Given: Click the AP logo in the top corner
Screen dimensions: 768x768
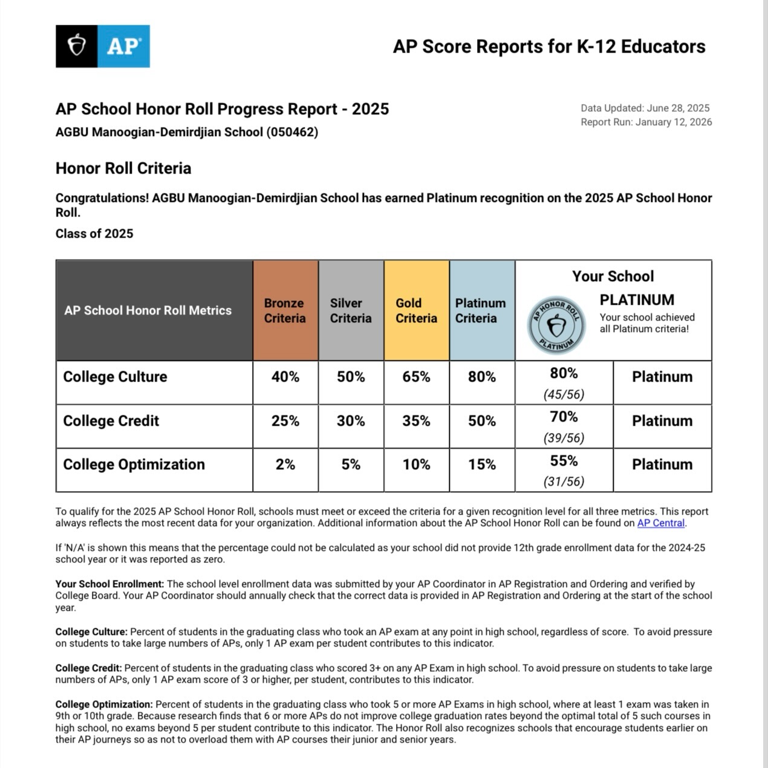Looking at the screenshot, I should [102, 46].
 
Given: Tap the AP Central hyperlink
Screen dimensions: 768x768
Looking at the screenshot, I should [660, 523].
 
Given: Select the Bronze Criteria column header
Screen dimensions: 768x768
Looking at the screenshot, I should [285, 311].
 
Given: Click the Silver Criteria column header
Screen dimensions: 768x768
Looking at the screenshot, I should [351, 311].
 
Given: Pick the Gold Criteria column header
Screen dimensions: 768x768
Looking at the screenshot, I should [416, 311].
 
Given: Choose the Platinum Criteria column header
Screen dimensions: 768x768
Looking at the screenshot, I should [481, 311].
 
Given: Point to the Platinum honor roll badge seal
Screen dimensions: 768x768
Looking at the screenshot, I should [556, 325].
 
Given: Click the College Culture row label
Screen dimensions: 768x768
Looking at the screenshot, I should [115, 377].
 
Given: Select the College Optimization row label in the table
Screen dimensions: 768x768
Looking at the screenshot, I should [134, 464].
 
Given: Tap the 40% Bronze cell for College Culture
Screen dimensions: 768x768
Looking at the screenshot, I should [285, 377].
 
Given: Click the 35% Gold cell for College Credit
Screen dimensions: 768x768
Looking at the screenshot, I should [416, 421].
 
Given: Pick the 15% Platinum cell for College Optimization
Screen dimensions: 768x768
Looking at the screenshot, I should [481, 464].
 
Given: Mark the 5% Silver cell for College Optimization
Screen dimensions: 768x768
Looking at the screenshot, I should [351, 464].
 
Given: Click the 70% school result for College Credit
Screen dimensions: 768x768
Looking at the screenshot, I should [564, 417].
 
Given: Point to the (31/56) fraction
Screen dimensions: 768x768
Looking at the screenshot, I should [564, 481].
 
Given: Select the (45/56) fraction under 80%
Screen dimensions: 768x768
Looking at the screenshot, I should [564, 394].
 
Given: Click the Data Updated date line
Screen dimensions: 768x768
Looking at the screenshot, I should [645, 108].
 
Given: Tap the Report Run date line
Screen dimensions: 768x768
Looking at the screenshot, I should [646, 122].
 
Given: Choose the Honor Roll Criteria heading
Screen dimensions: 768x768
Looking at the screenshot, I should [123, 168].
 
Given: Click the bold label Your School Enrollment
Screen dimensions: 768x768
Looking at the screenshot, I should [109, 584].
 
